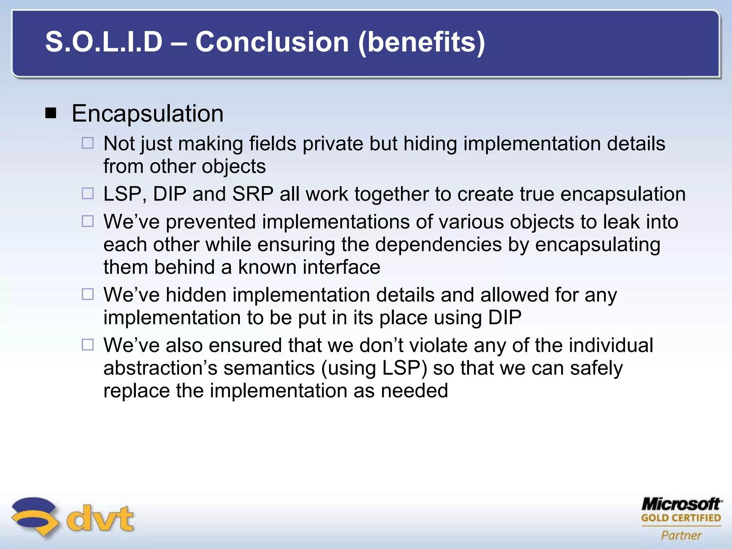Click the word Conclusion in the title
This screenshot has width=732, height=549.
[x=272, y=42]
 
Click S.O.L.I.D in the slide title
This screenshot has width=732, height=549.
[x=104, y=42]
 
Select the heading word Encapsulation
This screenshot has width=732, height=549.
[x=147, y=114]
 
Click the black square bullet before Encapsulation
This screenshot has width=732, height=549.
[x=51, y=114]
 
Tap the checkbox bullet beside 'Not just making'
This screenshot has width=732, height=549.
[x=88, y=143]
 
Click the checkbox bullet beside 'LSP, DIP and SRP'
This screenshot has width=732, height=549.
[x=88, y=194]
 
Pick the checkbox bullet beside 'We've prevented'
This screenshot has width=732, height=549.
[x=88, y=221]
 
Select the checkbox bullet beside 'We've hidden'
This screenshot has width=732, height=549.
[x=88, y=295]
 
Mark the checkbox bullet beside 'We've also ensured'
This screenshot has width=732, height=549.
[x=88, y=345]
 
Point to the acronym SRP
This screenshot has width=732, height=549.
[x=253, y=194]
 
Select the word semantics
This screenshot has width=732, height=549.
[x=269, y=368]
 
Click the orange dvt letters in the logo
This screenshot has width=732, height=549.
[x=100, y=518]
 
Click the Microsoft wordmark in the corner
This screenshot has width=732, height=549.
[x=681, y=504]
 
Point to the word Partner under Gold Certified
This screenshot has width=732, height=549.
[x=681, y=535]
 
